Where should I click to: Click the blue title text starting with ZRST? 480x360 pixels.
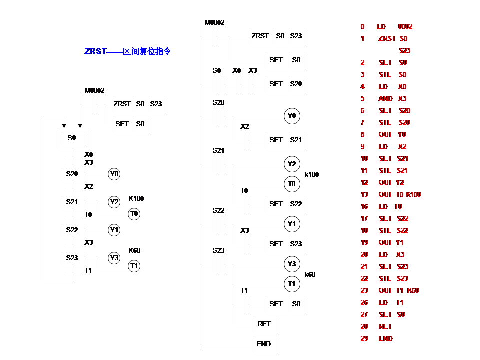point(128,51)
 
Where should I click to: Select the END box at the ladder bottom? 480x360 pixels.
point(263,344)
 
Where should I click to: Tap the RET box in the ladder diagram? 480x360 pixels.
point(263,324)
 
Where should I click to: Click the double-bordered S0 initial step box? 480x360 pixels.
point(72,138)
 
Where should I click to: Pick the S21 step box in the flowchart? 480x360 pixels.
point(72,202)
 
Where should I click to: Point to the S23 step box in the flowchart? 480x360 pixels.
point(72,258)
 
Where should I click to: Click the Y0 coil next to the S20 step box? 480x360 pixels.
point(114,174)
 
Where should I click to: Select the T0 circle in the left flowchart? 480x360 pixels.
point(134,214)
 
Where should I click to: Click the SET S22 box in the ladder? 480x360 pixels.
point(283,204)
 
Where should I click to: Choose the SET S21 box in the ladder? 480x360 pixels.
point(283,140)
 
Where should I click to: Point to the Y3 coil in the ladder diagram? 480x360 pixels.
point(292,264)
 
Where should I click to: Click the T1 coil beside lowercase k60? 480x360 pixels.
point(292,284)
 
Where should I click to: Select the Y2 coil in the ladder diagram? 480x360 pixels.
point(292,164)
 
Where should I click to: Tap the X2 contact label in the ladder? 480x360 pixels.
point(244,127)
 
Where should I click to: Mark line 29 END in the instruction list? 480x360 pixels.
point(380,338)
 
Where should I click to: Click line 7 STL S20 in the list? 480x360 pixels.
point(387,122)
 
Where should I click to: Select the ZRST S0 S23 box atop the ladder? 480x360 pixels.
point(275,36)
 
